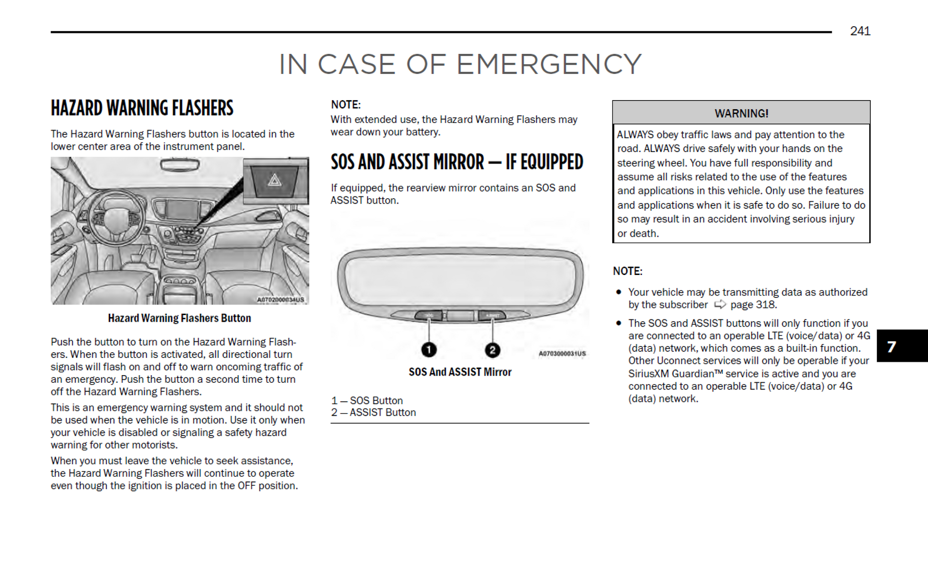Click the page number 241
860,31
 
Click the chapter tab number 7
891,347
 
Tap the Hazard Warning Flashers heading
142,108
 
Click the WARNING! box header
741,113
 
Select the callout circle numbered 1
429,350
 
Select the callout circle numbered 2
492,350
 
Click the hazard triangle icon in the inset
275,180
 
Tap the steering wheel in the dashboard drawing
116,217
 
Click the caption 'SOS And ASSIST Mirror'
460,372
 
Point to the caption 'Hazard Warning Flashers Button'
179,318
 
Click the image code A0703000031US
562,354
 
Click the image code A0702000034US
280,300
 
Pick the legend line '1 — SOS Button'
367,400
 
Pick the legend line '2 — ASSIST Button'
373,412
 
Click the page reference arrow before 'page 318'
720,304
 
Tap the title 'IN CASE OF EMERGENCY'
460,64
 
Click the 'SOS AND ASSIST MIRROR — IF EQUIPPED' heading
457,162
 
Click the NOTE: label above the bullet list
628,271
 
